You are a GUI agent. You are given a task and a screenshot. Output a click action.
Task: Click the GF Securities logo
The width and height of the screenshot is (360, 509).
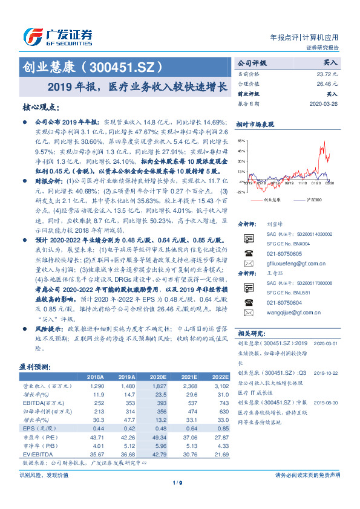pos(57,36)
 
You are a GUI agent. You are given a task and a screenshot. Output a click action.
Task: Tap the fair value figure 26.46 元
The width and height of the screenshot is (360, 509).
pos(327,83)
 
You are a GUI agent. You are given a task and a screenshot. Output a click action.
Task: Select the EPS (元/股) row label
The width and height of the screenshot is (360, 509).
pos(36,428)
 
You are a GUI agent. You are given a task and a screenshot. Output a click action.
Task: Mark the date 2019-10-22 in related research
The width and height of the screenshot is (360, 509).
pos(327,373)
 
